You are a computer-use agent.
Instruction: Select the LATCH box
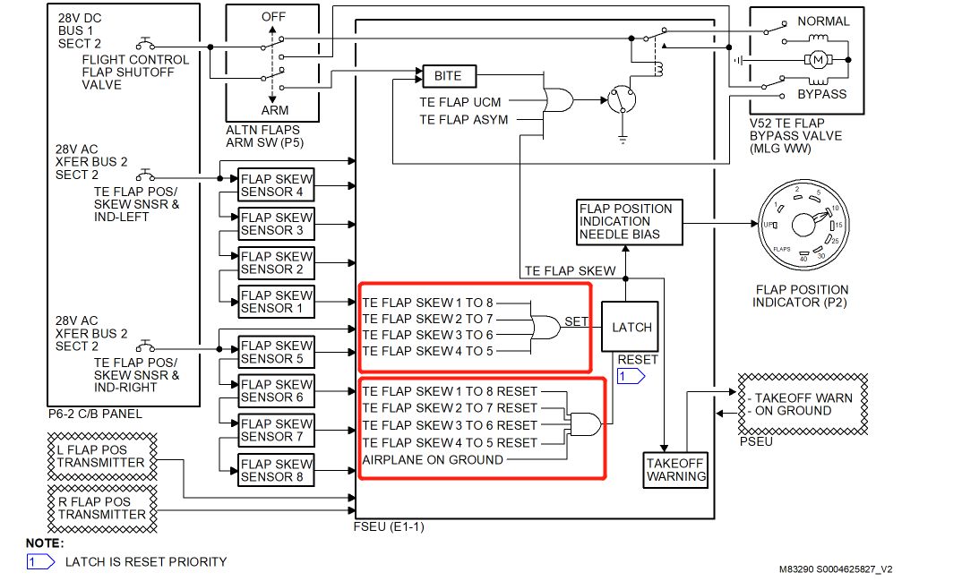tap(631, 327)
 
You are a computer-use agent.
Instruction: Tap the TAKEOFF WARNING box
tap(675, 469)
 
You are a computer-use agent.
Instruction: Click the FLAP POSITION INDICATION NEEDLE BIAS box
tap(629, 221)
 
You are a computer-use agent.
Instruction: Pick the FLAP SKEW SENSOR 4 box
tap(277, 185)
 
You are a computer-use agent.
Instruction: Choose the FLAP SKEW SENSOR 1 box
tap(277, 302)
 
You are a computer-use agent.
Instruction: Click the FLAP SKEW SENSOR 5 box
tap(277, 352)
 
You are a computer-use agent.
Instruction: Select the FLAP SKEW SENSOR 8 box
tap(277, 470)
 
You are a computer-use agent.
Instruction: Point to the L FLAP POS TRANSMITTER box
tap(100, 457)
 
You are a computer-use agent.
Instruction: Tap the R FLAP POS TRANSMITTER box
tap(100, 508)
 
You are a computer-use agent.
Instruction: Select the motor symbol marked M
tap(816, 59)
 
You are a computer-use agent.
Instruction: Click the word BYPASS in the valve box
tap(821, 94)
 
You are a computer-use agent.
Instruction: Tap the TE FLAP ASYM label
tap(464, 119)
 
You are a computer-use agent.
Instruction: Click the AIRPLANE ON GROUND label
tap(433, 460)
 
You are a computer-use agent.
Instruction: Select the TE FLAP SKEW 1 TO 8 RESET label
tap(450, 391)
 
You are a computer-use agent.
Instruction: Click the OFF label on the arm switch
tap(274, 17)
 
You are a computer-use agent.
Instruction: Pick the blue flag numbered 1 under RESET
tap(630, 377)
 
